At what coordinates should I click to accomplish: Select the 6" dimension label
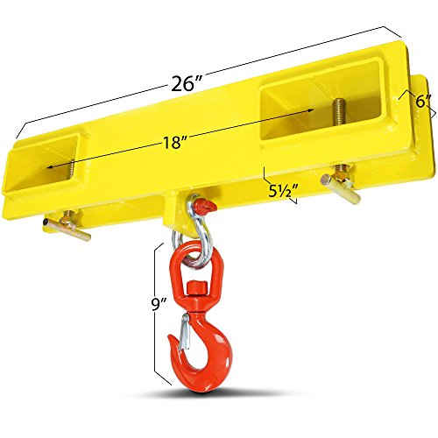pos(423,102)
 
